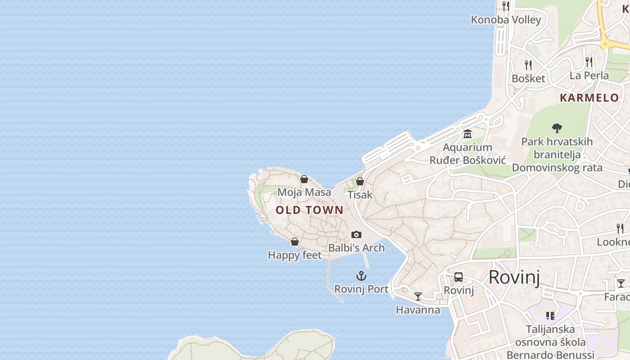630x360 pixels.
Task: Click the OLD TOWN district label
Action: click(309, 210)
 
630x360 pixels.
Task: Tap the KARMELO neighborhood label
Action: click(589, 98)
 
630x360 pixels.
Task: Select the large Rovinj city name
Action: click(514, 277)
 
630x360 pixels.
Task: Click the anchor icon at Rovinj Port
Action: click(361, 276)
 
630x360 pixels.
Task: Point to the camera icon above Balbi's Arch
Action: click(356, 234)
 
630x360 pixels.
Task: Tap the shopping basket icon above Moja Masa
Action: click(304, 179)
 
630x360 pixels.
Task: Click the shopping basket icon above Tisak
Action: click(360, 181)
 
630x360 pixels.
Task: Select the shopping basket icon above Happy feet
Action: click(295, 242)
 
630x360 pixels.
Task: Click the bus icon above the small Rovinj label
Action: click(459, 277)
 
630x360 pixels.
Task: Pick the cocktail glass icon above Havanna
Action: click(418, 297)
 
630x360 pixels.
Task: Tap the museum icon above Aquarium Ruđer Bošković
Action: click(467, 134)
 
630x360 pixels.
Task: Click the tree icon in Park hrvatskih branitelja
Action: click(557, 128)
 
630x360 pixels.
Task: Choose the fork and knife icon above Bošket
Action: click(528, 65)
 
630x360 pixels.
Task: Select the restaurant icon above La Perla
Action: click(589, 62)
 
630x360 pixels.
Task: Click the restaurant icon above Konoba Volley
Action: click(506, 6)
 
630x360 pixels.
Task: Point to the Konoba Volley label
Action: click(506, 20)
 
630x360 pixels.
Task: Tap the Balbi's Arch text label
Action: click(356, 248)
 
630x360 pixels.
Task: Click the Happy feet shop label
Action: click(295, 255)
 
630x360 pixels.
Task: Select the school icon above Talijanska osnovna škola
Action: click(550, 316)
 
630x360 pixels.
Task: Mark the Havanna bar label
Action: click(418, 310)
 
